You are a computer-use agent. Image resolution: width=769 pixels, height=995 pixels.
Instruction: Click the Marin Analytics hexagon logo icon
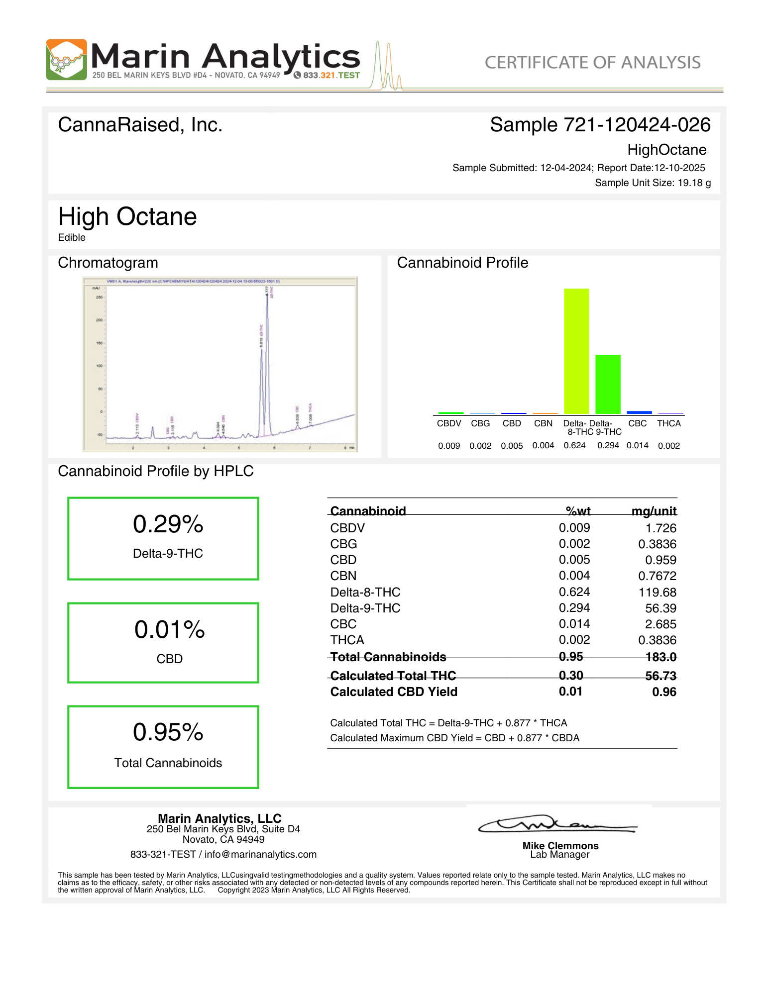(x=66, y=60)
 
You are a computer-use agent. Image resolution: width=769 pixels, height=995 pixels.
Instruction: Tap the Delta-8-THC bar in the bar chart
(x=576, y=351)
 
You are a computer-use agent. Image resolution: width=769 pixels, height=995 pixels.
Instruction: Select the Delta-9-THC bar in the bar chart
(x=608, y=384)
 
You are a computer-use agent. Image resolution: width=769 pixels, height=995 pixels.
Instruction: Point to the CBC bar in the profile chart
(x=639, y=412)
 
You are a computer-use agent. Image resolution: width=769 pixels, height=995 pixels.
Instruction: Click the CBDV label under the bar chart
(x=448, y=423)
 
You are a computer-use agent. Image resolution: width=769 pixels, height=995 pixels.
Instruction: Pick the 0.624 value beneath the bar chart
(x=574, y=446)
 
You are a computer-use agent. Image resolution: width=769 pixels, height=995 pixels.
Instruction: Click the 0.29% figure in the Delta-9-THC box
(x=168, y=524)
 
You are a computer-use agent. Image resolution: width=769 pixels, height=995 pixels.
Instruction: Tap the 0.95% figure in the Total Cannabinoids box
(x=168, y=732)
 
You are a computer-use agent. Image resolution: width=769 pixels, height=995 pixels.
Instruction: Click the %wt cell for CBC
(x=574, y=624)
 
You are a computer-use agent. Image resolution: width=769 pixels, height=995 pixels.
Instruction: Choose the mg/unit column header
(x=654, y=511)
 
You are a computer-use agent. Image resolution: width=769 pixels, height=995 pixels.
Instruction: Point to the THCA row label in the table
(x=347, y=640)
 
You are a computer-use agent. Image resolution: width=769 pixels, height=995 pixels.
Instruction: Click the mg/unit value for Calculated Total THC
(x=660, y=676)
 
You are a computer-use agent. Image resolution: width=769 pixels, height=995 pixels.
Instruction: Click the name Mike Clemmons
(x=560, y=846)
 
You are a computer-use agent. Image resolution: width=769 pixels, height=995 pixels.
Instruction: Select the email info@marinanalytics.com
(x=260, y=854)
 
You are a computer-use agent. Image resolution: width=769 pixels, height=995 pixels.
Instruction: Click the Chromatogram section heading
(x=108, y=263)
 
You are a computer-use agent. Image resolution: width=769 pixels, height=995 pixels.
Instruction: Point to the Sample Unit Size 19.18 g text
(x=653, y=183)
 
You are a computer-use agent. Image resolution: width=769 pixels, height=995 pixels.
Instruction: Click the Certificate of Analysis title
(x=592, y=63)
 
